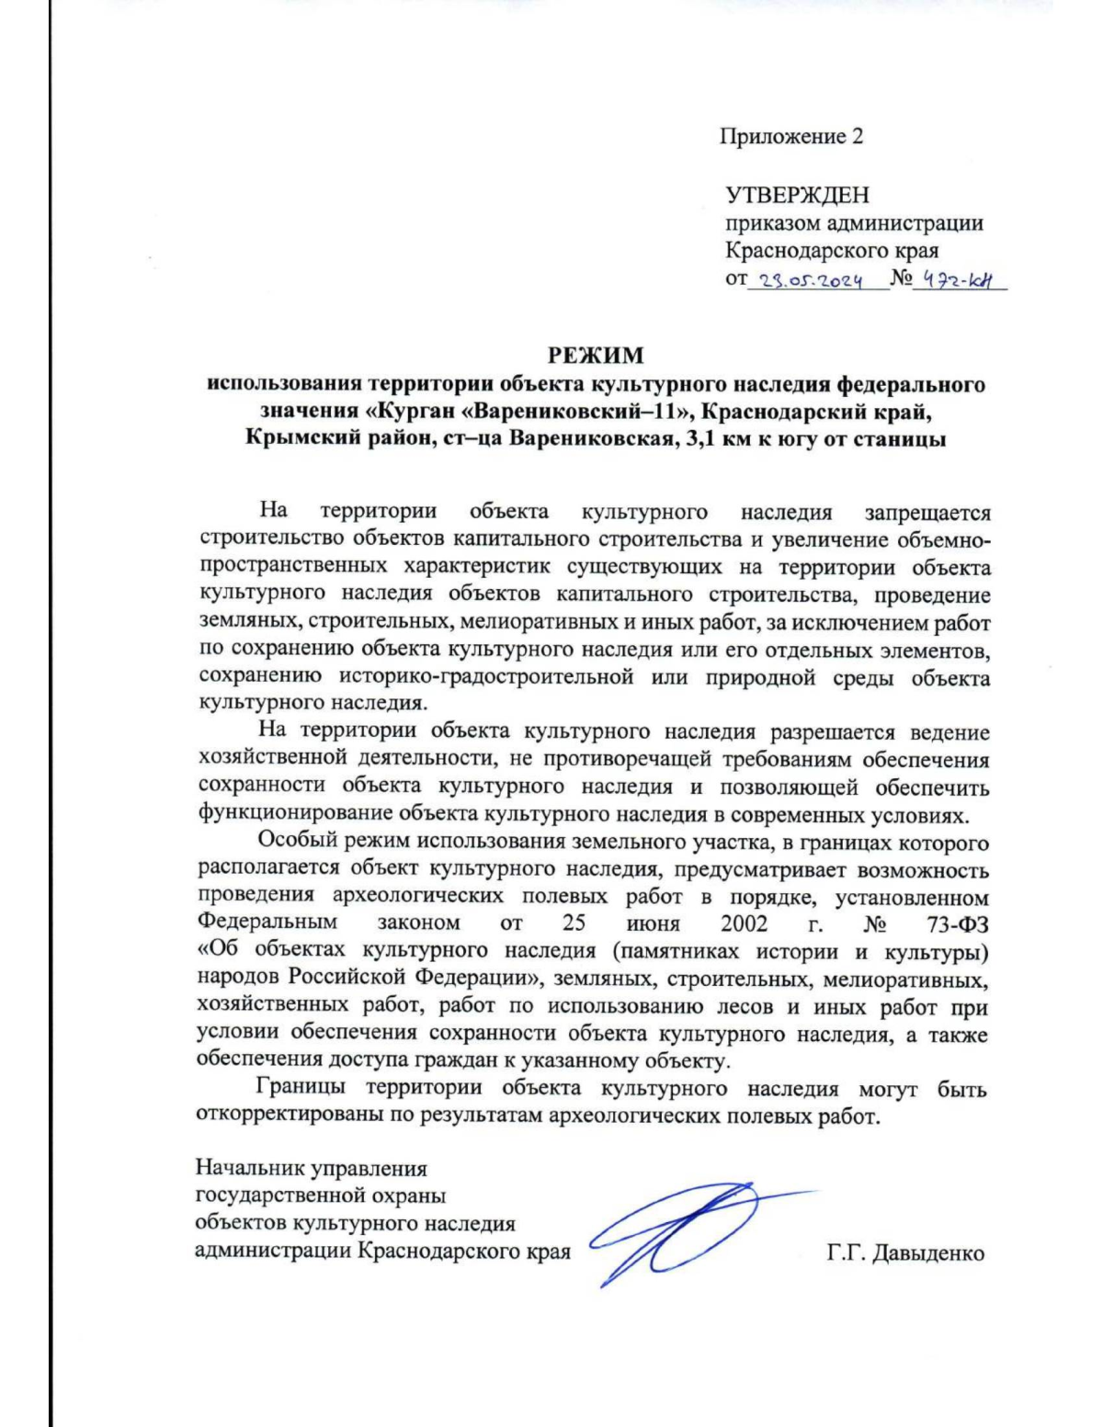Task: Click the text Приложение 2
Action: pyautogui.click(x=790, y=137)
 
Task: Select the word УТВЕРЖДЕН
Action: pyautogui.click(x=797, y=195)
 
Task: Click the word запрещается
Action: pyautogui.click(x=927, y=512)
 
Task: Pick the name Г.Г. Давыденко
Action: pyautogui.click(x=905, y=1252)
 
